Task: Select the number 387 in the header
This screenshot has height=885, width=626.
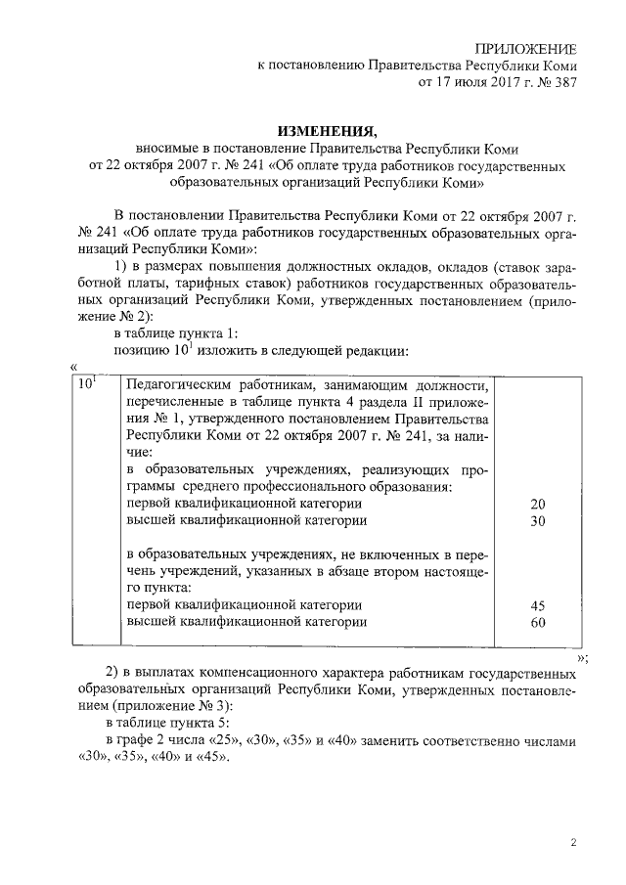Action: [560, 83]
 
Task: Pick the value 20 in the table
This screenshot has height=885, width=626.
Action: [537, 503]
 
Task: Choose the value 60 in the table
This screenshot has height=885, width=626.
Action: [537, 622]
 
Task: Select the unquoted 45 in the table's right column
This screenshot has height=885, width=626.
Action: [537, 605]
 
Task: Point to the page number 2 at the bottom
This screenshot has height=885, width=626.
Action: [574, 840]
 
